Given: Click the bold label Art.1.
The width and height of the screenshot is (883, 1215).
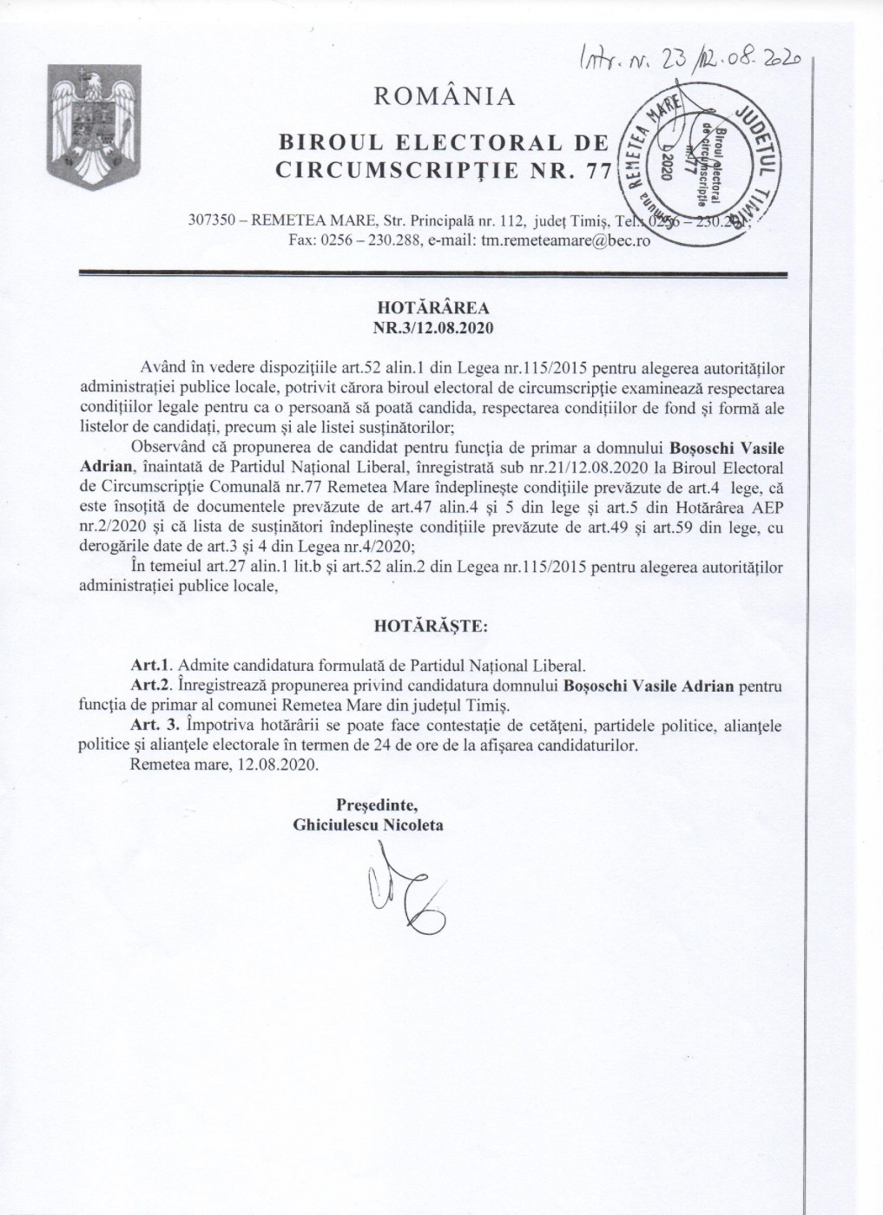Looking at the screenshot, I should pos(146,667).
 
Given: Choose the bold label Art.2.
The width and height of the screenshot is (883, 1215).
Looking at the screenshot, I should pos(146,686).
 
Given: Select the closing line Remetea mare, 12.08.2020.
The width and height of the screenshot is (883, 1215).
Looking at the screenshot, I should pos(223,765).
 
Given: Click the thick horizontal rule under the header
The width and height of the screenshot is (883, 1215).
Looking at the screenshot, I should pos(432,274).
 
